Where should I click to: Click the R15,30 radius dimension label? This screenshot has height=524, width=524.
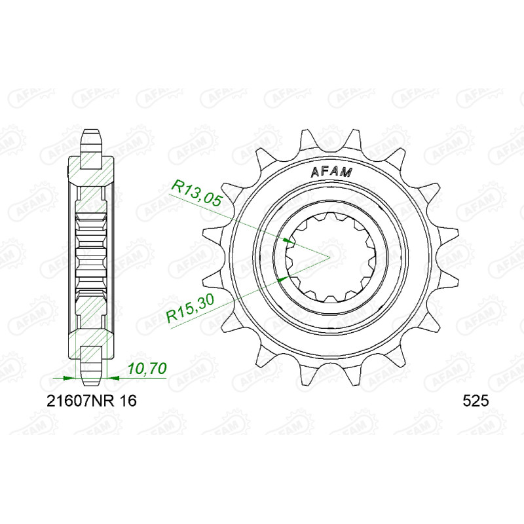coord(191,309)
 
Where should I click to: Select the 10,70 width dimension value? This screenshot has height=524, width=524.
coord(147,369)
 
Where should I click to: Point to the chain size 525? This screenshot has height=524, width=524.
coord(476,401)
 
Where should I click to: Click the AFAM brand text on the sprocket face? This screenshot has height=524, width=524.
coord(331,172)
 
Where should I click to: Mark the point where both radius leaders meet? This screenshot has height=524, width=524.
coord(330,257)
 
